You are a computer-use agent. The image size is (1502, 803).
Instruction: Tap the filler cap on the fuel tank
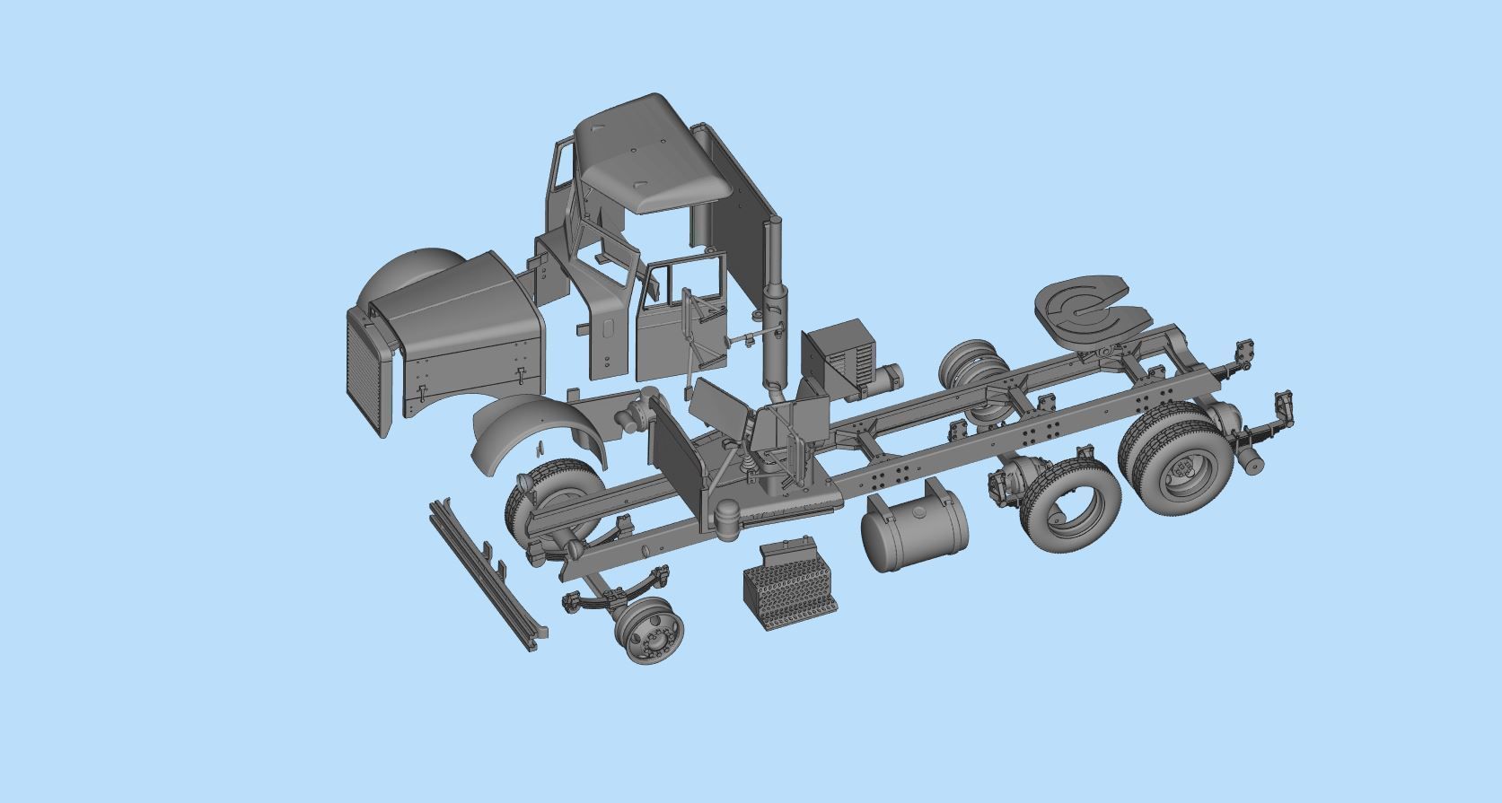click(939, 490)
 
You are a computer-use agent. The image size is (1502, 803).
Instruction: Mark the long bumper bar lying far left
click(489, 574)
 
